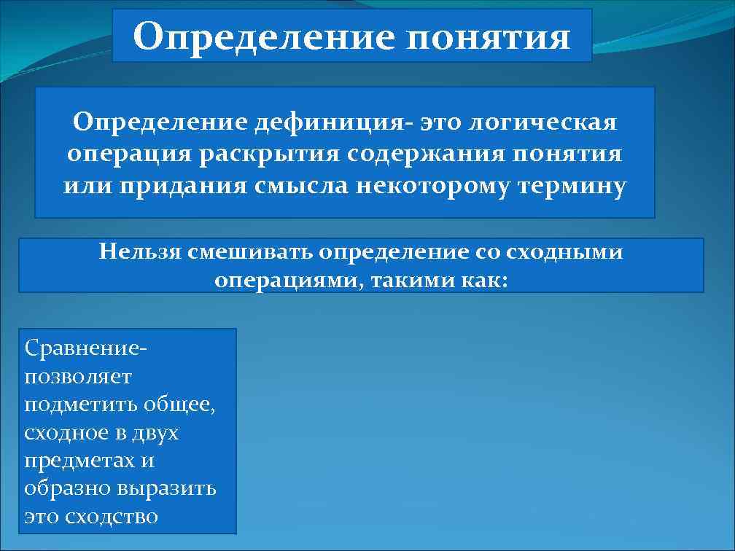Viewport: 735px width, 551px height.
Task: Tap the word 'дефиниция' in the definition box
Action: [x=331, y=122]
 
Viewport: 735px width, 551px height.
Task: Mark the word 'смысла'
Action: [x=302, y=187]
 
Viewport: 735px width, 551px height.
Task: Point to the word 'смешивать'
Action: [x=249, y=252]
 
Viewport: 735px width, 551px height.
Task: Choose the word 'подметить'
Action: [x=80, y=405]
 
